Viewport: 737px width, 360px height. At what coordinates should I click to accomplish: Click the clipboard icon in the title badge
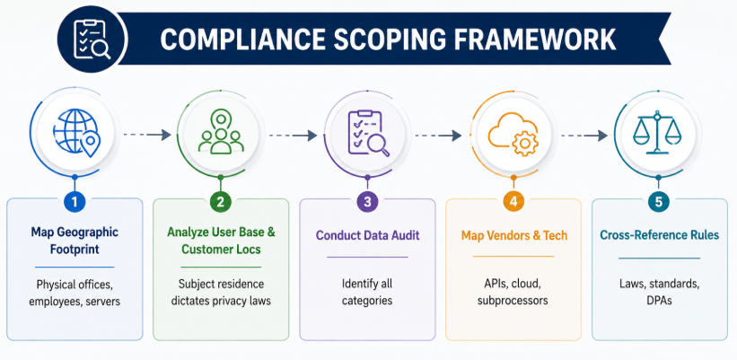point(92,39)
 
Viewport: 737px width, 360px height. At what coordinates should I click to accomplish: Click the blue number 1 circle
point(75,202)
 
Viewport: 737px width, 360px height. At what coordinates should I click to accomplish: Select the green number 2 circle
point(221,202)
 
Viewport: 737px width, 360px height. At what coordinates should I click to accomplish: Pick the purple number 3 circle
point(367,202)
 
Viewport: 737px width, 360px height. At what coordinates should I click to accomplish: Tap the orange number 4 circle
point(513,202)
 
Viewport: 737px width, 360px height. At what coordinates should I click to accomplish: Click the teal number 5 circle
point(659,202)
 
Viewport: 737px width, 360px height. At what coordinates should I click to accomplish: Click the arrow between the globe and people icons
point(147,136)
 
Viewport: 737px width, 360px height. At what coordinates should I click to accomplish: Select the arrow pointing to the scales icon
point(584,136)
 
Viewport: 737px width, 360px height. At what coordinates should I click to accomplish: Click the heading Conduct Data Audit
point(367,235)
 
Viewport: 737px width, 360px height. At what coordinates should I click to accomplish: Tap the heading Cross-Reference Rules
point(660,234)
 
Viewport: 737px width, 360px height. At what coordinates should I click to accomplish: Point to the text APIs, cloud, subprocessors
point(513,292)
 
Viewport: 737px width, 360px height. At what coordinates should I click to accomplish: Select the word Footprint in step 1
point(75,249)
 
